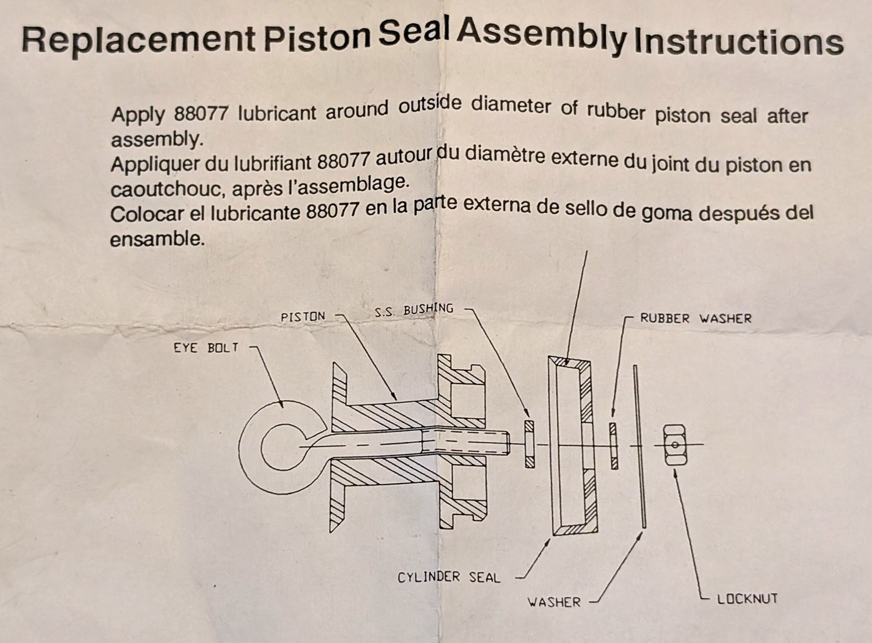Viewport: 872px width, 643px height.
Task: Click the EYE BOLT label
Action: click(206, 348)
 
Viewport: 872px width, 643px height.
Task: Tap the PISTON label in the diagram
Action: click(303, 316)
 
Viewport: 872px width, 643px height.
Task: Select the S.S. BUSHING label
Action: click(414, 310)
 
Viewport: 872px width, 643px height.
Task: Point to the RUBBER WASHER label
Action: click(696, 319)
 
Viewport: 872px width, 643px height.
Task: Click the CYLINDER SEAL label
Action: click(449, 578)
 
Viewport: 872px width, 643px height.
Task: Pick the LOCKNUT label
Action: click(748, 599)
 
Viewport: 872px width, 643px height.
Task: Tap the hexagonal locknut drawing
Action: click(676, 445)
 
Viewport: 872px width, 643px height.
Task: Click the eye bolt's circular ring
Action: click(249, 448)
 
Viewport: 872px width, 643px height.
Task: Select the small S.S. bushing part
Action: click(530, 444)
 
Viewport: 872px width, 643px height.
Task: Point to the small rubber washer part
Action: click(614, 446)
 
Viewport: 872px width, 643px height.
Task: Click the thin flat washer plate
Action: click(639, 446)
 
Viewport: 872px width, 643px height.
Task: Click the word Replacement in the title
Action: click(138, 40)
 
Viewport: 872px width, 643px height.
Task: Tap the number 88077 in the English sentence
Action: click(201, 114)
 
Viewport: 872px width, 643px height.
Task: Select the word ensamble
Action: click(157, 240)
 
